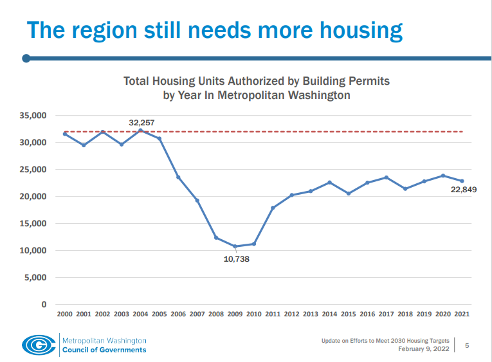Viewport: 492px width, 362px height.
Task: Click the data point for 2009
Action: pos(235,246)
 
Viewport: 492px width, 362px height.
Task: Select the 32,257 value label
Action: pos(141,122)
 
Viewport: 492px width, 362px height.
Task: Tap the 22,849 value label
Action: pos(462,190)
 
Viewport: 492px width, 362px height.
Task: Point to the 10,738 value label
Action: pos(236,259)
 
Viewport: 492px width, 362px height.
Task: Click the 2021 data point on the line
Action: pos(462,181)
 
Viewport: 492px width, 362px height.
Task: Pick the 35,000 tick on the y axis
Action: pos(35,116)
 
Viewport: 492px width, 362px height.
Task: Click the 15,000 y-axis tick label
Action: pos(35,224)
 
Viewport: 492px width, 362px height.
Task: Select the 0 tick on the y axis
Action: pos(44,304)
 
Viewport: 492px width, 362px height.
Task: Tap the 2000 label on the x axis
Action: pos(65,314)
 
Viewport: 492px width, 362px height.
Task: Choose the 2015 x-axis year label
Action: pos(349,314)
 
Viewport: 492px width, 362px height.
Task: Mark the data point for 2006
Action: pos(178,177)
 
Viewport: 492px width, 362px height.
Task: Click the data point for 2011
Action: pos(273,208)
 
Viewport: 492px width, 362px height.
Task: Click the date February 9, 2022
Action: pos(424,349)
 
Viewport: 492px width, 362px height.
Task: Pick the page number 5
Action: pos(467,345)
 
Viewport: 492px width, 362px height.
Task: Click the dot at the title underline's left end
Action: pos(26,59)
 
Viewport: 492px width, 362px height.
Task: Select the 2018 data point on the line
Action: pos(405,188)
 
